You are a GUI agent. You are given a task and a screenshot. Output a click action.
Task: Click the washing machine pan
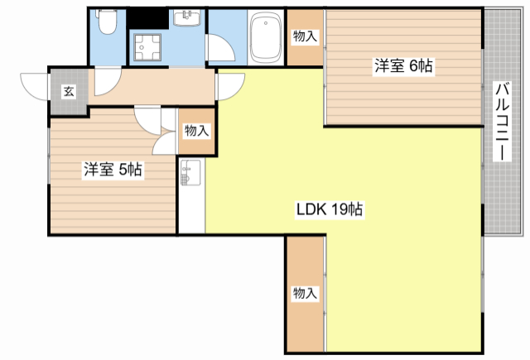151,49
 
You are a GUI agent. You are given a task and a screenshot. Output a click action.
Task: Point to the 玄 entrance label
67,91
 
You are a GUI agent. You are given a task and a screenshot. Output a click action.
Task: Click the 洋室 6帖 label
402,66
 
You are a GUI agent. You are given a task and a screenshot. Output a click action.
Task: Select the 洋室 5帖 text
112,170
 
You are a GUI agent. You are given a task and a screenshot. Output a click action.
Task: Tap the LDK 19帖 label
330,209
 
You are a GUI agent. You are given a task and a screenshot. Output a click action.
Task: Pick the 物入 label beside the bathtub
305,36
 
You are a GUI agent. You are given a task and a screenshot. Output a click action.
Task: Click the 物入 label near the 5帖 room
196,131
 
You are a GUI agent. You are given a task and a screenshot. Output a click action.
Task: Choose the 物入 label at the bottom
304,293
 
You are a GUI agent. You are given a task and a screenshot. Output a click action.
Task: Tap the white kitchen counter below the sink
191,211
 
